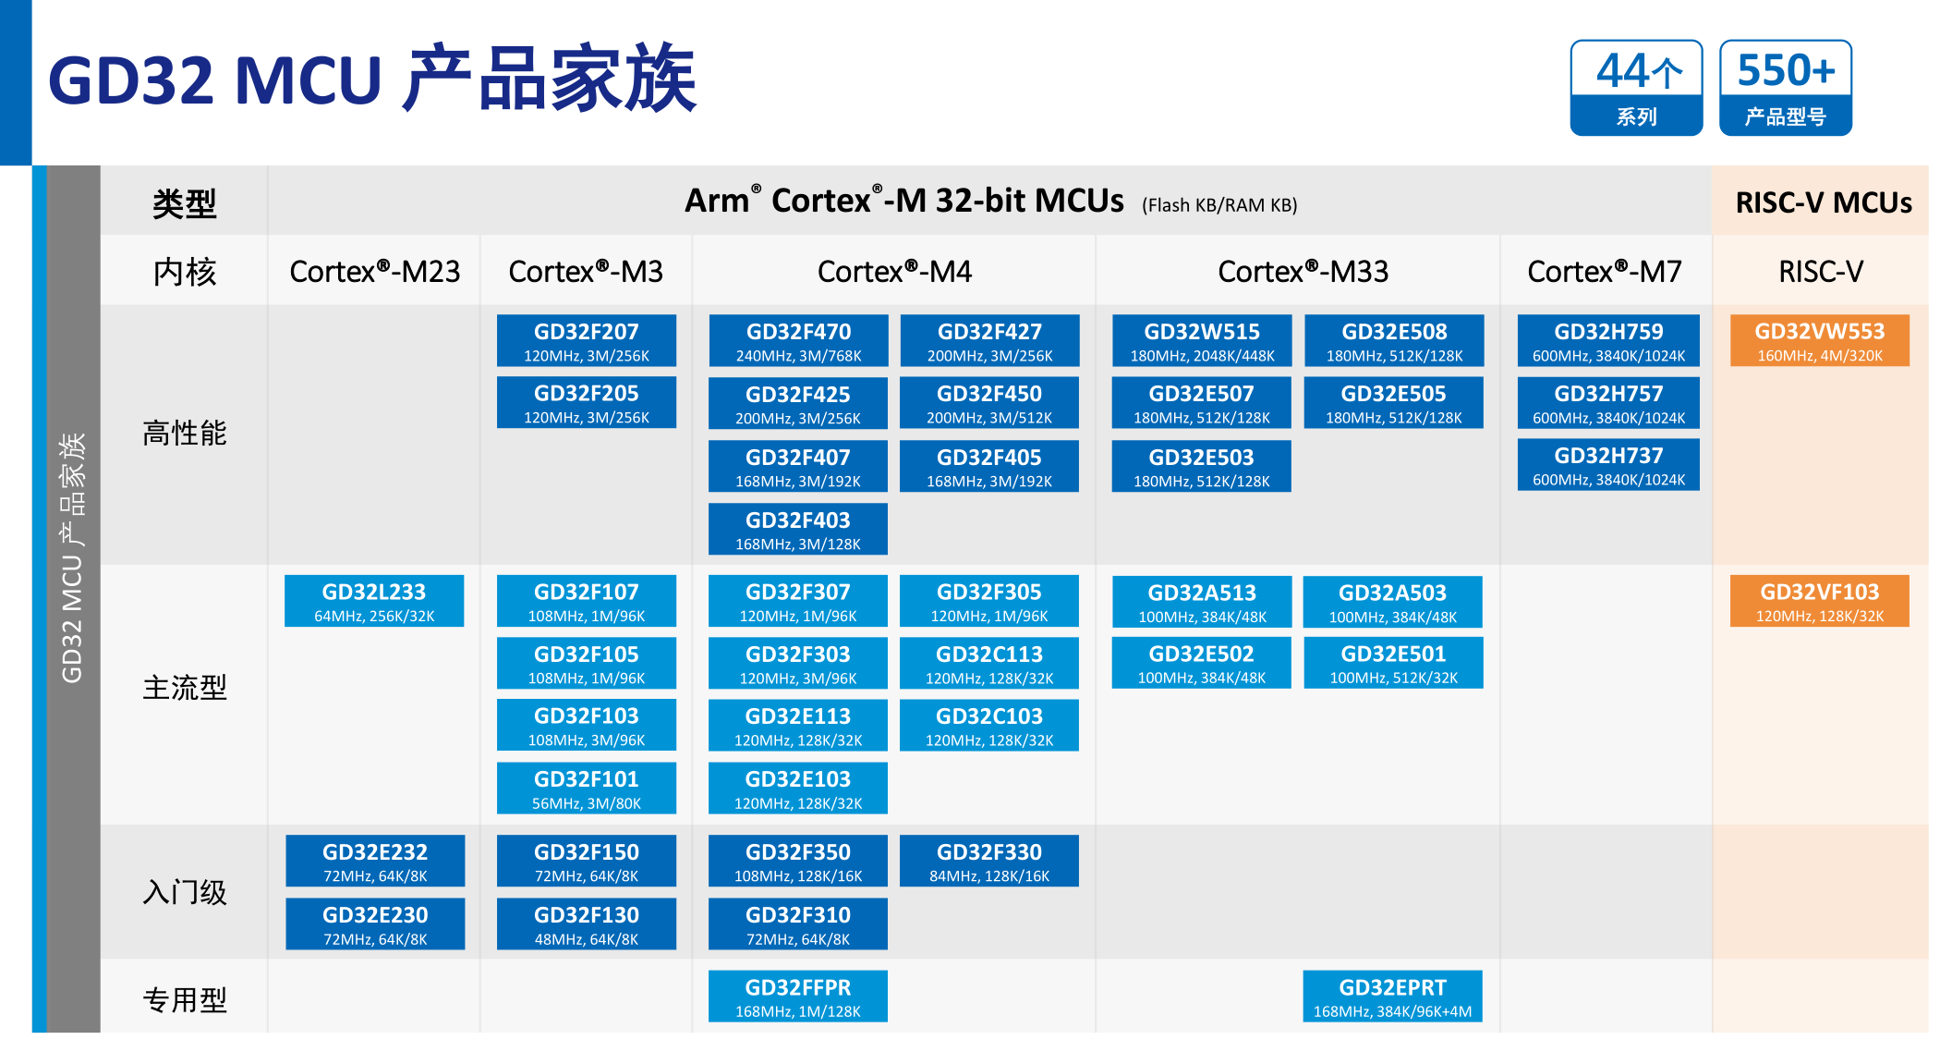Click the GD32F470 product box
(798, 341)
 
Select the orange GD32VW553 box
(1819, 341)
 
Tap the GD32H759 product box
(1607, 341)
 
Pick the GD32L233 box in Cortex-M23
(374, 602)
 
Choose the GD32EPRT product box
(1392, 997)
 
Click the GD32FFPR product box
(798, 997)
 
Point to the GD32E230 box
(375, 924)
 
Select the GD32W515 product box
(1201, 341)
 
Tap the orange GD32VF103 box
(1819, 602)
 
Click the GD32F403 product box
(798, 530)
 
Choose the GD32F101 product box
(587, 789)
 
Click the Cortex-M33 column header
(1303, 272)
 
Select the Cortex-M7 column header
(1605, 272)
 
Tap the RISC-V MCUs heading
(1823, 202)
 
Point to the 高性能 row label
(185, 434)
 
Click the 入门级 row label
(185, 893)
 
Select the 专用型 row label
(185, 1000)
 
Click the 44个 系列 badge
(1636, 89)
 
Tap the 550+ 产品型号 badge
(1785, 89)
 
